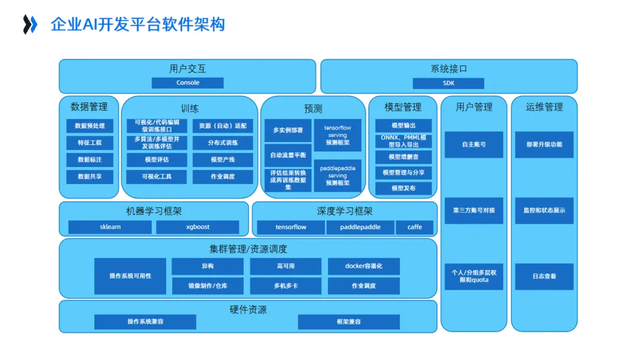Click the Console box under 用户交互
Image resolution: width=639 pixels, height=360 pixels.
[188, 83]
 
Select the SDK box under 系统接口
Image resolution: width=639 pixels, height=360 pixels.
[448, 83]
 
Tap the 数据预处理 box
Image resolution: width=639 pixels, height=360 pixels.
[89, 126]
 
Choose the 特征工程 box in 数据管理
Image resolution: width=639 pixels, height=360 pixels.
[89, 143]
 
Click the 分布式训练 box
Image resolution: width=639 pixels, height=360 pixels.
[222, 143]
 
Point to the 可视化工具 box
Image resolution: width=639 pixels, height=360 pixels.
[156, 176]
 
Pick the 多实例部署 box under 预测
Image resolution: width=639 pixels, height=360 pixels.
[288, 130]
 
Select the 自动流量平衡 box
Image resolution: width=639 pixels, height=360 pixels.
[288, 155]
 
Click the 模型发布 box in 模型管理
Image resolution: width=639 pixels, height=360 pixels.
[404, 188]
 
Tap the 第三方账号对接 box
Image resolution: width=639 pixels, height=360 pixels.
[473, 210]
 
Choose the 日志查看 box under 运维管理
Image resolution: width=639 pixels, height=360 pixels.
[544, 276]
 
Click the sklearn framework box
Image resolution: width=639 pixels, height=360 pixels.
[110, 227]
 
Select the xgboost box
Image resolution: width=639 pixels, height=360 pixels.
[198, 227]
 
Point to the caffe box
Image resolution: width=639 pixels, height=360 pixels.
[414, 227]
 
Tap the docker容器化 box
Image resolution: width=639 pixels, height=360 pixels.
[364, 266]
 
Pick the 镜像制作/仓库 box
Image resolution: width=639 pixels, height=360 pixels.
[207, 286]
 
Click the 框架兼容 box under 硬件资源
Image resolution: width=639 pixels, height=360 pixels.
[348, 322]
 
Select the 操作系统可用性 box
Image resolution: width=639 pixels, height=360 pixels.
[130, 276]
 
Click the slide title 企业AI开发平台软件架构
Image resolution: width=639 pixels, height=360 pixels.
[138, 25]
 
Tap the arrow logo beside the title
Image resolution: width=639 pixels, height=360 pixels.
[30, 25]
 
